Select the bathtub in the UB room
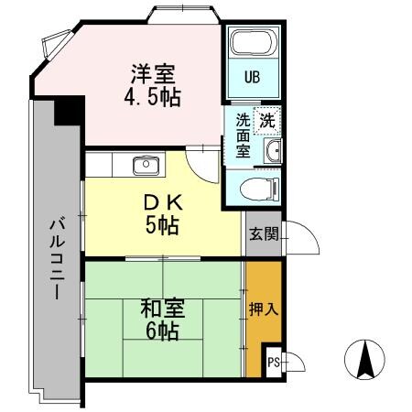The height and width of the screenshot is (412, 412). point(254,44)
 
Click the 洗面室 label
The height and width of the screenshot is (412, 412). point(243,135)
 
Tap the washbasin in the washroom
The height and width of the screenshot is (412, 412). point(271,152)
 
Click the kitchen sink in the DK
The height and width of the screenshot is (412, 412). point(146,166)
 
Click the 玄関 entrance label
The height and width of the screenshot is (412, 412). point(263,233)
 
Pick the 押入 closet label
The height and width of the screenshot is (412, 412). point(263,309)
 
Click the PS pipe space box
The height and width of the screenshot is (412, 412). point(273,362)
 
